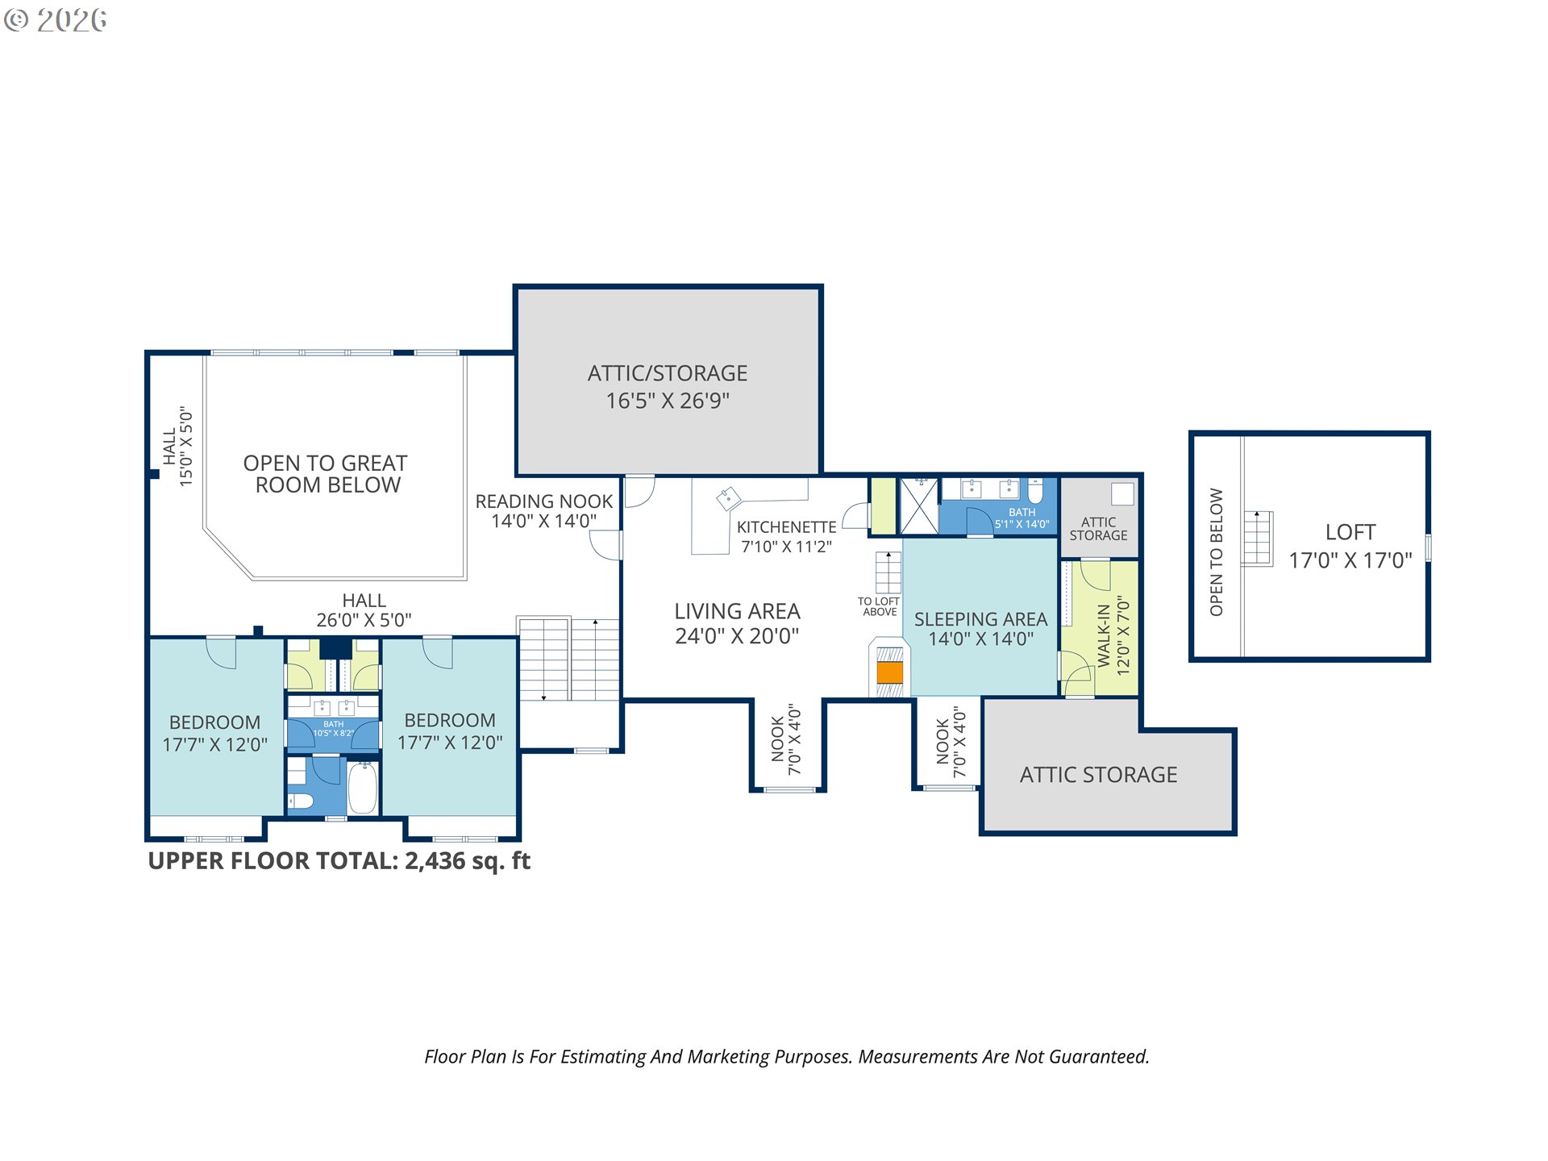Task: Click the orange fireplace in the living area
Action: coord(889,672)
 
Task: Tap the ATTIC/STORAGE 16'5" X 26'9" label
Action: coord(668,387)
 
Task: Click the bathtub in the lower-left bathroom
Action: coord(363,788)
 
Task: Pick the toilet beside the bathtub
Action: coord(300,801)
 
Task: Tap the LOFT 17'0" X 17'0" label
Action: coord(1350,546)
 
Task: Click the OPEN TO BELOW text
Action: coord(1216,552)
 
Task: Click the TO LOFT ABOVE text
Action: coord(879,606)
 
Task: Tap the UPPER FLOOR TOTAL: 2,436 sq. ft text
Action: coord(339,861)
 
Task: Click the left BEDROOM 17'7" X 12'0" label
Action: coord(214,733)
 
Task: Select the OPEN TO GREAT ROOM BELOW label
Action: coord(326,474)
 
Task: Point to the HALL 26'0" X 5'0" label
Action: coord(364,610)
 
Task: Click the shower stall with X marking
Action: coord(919,506)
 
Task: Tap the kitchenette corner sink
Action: coord(729,498)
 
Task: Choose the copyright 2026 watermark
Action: coord(55,20)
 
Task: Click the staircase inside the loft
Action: coord(1257,538)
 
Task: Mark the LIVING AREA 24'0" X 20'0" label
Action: coord(737,623)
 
